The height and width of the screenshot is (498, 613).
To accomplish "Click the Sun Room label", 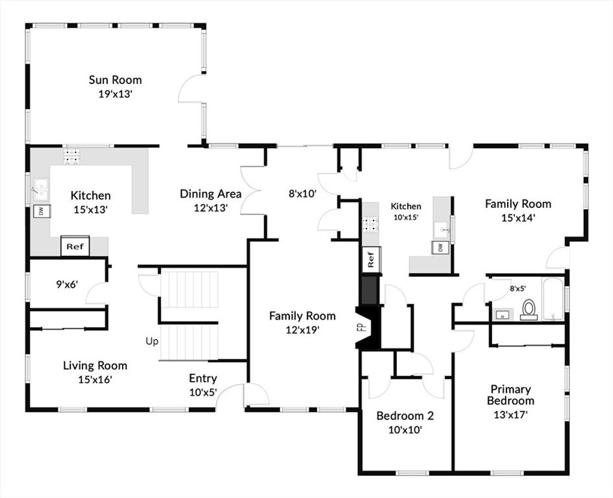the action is pos(115,80).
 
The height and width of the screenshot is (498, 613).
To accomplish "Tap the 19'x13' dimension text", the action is pos(116,94).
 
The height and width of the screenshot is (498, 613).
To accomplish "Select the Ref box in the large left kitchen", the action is pos(75,246).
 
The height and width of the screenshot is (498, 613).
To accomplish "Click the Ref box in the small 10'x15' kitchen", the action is pos(371,259).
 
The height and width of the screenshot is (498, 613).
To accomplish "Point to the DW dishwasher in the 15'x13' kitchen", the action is pos(41,211).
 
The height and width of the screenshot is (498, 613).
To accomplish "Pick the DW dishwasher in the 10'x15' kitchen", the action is pos(441,248).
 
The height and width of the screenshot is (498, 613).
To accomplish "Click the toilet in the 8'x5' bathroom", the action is pos(529,309).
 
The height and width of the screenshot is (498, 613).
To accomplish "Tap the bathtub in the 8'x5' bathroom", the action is pos(553,298).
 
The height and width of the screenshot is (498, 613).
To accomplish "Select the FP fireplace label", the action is pos(361,327).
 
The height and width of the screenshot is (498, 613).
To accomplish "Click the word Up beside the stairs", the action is pos(152,342).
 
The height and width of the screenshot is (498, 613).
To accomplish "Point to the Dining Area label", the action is pos(211,194).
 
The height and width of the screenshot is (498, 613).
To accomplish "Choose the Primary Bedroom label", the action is pos(511,395).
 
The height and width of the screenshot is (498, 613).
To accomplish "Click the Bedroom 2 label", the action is pos(405,415).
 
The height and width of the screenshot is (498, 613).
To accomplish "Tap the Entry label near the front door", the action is pos(203,378).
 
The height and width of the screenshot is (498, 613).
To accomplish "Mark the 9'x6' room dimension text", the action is pos(67,284).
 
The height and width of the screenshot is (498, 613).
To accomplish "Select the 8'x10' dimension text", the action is pos(302,194).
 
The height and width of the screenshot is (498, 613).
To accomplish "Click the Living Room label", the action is pos(95,366).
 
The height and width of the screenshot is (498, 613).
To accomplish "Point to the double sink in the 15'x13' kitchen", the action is pos(41,189).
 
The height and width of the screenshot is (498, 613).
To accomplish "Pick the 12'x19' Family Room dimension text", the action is pos(302,330).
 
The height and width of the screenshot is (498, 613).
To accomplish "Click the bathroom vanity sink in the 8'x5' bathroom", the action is pos(503,315).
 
